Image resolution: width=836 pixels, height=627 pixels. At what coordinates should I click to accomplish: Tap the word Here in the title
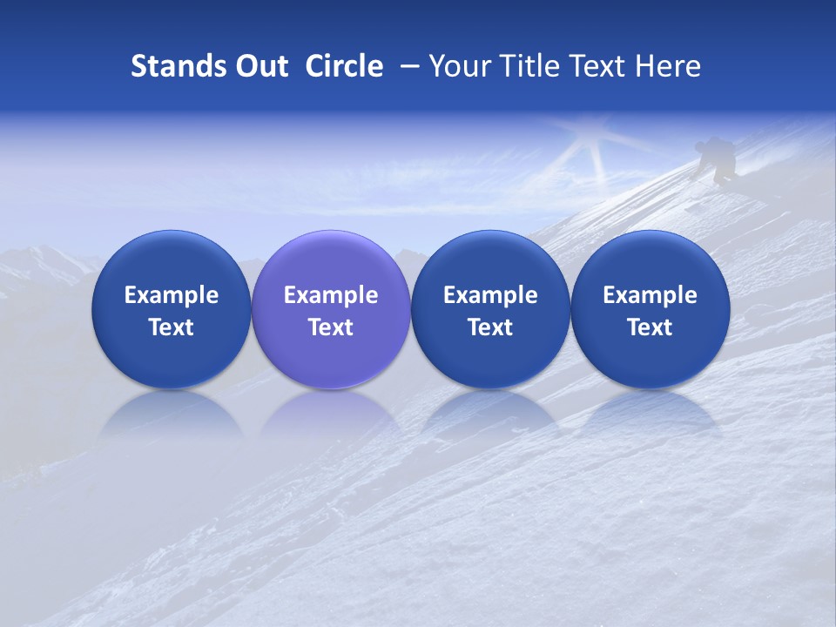pos(669,66)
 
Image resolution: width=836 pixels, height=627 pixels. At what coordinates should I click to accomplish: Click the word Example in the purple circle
pos(331,295)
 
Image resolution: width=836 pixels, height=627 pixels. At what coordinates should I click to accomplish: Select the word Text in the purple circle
pos(331,327)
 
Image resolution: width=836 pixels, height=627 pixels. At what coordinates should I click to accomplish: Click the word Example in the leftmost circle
pos(172,295)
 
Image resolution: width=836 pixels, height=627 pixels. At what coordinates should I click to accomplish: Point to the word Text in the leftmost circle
pos(172,327)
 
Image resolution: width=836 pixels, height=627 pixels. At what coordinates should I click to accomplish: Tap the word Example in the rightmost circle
pos(651,295)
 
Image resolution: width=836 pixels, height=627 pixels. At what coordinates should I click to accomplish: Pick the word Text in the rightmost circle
pos(651,327)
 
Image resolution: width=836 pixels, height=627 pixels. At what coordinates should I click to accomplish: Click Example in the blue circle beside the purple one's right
pos(490,295)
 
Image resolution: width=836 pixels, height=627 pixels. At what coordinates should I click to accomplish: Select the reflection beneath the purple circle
pos(331,414)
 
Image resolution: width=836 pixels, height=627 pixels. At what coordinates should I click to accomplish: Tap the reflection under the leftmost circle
pos(172,414)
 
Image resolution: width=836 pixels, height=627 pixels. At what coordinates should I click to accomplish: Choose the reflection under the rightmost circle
pos(651,414)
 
